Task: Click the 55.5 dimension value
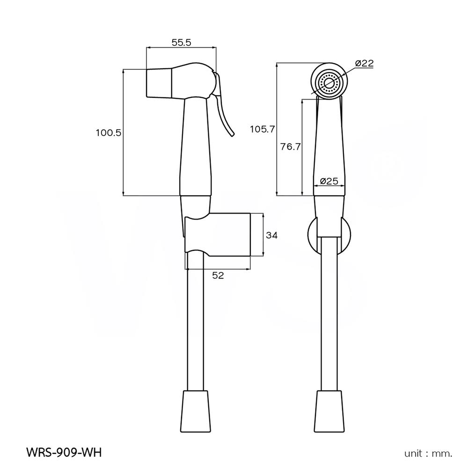point(182,42)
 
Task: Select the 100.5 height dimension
point(109,133)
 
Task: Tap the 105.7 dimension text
point(263,130)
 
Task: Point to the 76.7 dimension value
point(290,146)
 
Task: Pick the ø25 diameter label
point(329,181)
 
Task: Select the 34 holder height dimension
point(271,235)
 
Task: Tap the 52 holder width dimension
point(218,276)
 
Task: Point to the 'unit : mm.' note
point(428,453)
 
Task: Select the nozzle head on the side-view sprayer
point(161,83)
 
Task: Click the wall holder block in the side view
point(225,235)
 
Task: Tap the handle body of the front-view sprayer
point(330,145)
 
